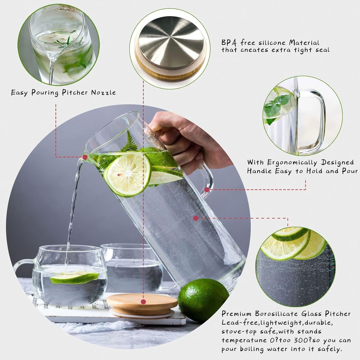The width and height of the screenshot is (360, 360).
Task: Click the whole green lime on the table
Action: coord(203,300)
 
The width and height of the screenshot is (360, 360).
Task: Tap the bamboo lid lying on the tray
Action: coord(142,304)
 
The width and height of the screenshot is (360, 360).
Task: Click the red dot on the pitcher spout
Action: coord(85,157)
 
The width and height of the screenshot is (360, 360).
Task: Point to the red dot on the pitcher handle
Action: coord(207,190)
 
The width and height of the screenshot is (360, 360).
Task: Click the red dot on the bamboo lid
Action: coord(143,302)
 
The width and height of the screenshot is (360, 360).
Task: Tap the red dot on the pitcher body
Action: coord(196,218)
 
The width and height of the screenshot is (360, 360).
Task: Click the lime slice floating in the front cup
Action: coord(74,278)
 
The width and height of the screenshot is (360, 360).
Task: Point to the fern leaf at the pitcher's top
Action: coord(130,143)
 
